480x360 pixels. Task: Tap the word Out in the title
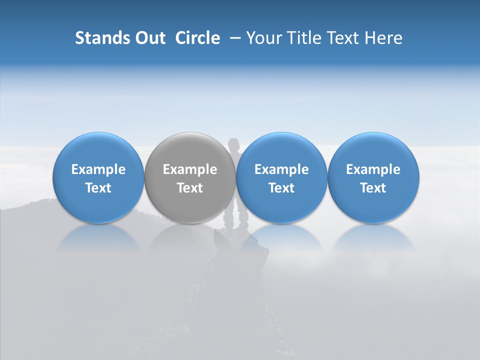pyautogui.click(x=149, y=38)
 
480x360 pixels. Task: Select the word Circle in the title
pyautogui.click(x=197, y=38)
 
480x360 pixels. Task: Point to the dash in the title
pyautogui.click(x=233, y=38)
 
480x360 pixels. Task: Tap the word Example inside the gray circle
pyautogui.click(x=190, y=169)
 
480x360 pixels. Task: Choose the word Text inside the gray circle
pyautogui.click(x=190, y=188)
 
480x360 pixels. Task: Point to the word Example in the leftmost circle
pyautogui.click(x=98, y=169)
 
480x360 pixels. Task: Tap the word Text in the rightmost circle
pyautogui.click(x=373, y=188)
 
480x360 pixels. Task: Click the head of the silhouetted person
pyautogui.click(x=233, y=145)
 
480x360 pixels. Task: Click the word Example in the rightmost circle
pyautogui.click(x=373, y=169)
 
